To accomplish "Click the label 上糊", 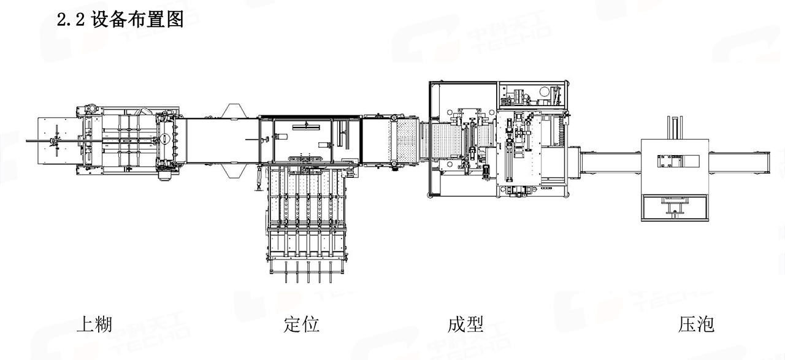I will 93,324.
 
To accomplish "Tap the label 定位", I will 302,324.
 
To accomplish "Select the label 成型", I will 466,324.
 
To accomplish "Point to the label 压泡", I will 696,324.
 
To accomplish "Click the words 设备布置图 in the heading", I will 137,20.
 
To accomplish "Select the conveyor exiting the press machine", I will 739,162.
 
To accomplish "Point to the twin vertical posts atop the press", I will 675,127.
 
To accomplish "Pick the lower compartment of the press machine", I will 675,209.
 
